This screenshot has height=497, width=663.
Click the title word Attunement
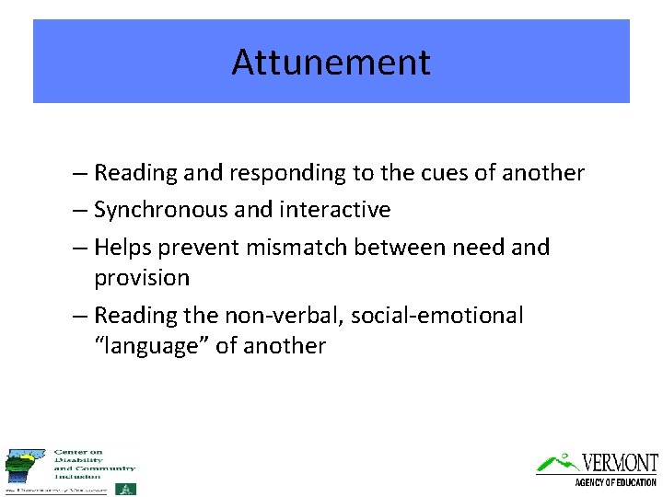coord(331,63)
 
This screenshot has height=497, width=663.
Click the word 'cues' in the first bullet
coord(450,173)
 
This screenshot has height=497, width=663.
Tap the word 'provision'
coord(142,278)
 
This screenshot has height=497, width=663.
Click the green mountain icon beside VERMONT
coord(557,461)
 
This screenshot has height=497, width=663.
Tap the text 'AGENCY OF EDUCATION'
coord(615,482)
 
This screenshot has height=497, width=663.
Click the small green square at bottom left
coord(129,489)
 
